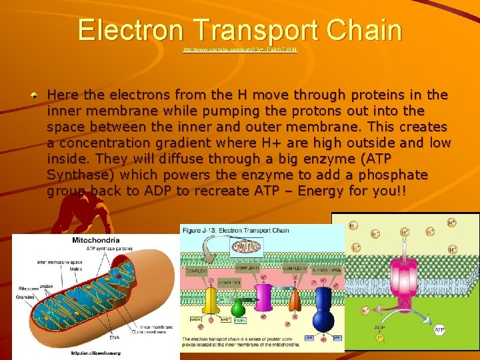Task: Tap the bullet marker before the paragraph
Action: click(x=33, y=95)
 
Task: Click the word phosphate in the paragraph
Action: click(x=395, y=175)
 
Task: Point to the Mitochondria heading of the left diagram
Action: click(x=95, y=240)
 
